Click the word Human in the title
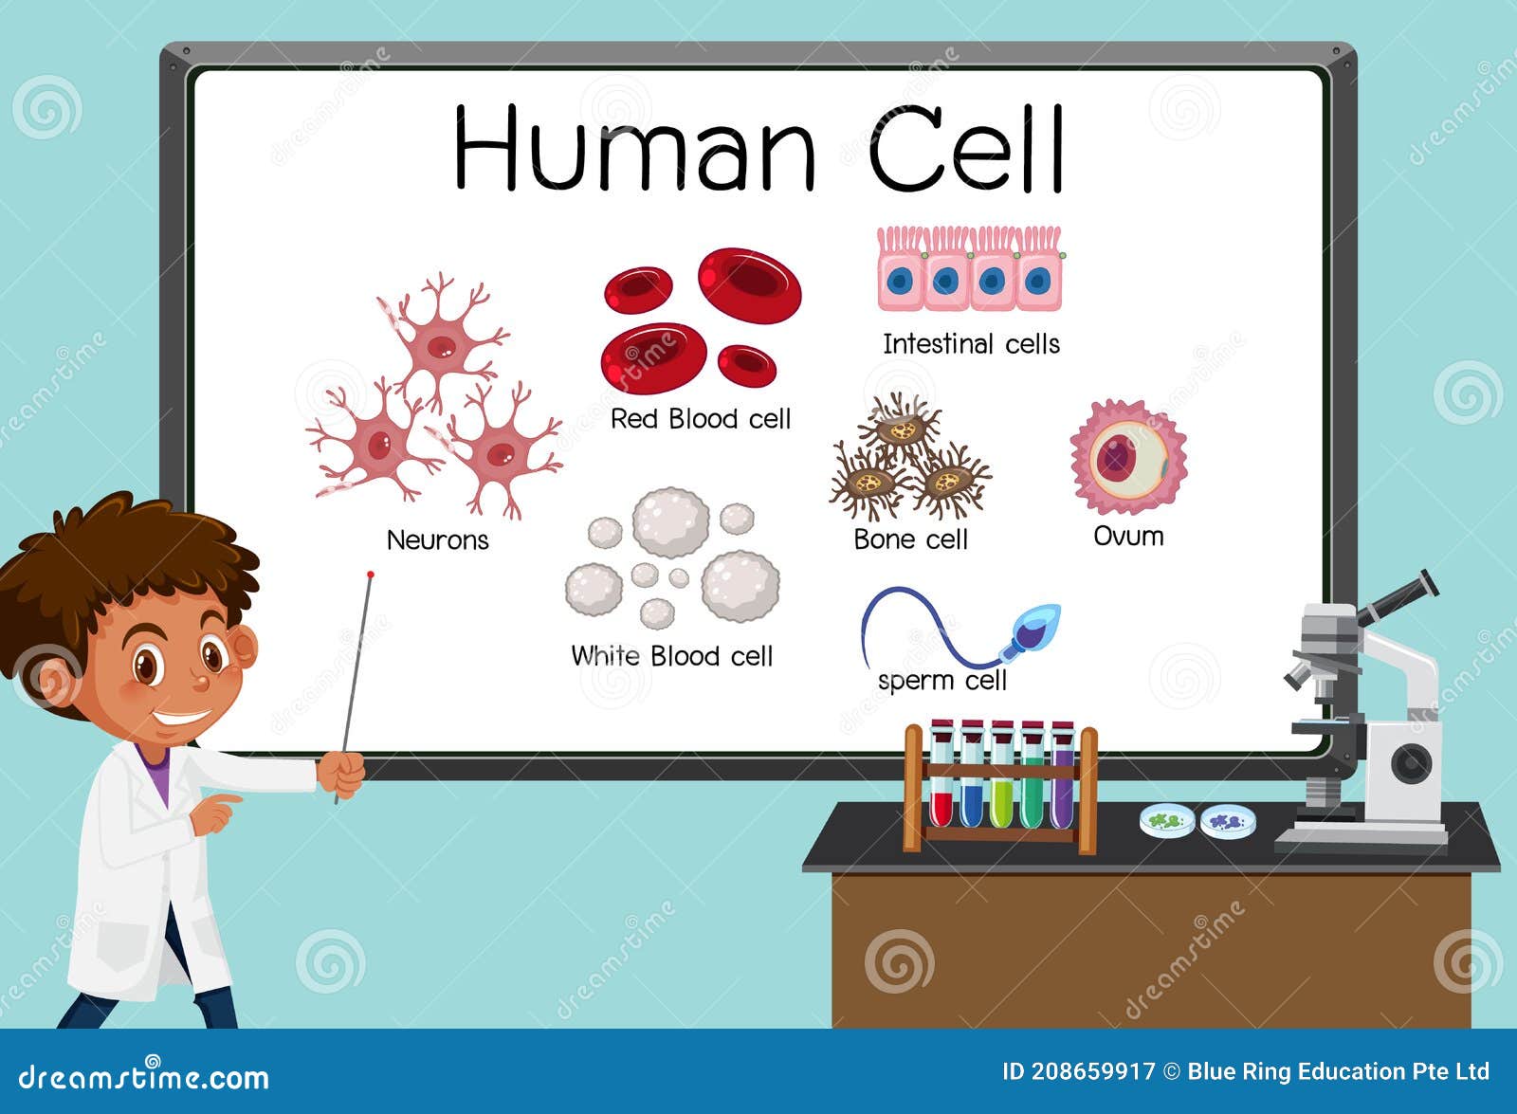pos(634,149)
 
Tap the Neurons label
pos(437,540)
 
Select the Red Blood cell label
pos(700,419)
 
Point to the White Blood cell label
pos(671,656)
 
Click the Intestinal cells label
pos(971,344)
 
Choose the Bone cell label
pos(910,539)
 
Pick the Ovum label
pos(1128,537)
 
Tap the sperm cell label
pos(941,681)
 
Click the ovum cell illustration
pos(1127,458)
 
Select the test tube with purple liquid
pos(1062,777)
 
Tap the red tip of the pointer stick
pos(371,575)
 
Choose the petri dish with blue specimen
pos(1229,821)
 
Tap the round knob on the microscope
pos(1411,763)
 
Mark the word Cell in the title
pos(967,149)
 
